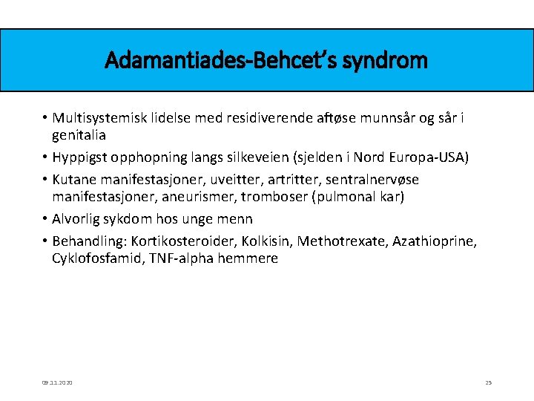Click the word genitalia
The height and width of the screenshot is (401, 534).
click(79, 135)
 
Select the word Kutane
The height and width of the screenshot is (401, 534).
click(74, 180)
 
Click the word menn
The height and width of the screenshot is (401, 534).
click(235, 219)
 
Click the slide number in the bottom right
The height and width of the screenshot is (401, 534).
click(488, 382)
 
